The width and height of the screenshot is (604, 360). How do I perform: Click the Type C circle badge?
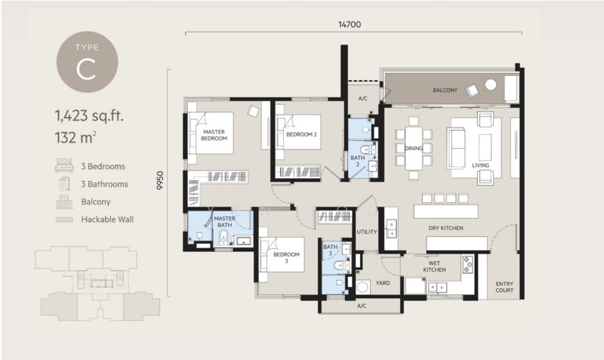(x=87, y=62)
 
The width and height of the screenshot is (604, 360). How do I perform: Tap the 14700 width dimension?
(x=350, y=25)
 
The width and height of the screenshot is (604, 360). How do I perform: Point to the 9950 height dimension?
(x=160, y=180)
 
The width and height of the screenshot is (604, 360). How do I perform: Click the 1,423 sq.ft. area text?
(x=89, y=115)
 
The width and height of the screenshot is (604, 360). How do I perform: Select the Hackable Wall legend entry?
(x=95, y=220)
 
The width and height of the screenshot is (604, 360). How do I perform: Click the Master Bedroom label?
(x=214, y=135)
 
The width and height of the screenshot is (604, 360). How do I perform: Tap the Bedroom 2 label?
(x=301, y=134)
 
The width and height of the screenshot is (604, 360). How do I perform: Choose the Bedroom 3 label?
(x=286, y=257)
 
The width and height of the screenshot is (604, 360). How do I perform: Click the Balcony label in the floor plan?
(x=445, y=90)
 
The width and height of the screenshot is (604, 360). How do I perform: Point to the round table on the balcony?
(x=490, y=85)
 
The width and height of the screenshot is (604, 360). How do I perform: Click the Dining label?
(x=414, y=148)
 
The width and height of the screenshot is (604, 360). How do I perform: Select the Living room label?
(x=480, y=165)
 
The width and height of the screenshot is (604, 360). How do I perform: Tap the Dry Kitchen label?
(x=445, y=228)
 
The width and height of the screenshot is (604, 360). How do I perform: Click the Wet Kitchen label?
(x=435, y=266)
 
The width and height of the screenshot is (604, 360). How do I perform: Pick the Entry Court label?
(x=504, y=287)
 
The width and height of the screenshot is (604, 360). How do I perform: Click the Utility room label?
(x=367, y=232)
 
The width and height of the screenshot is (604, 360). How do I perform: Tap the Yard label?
(x=383, y=283)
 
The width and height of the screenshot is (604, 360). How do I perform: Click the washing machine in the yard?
(x=363, y=287)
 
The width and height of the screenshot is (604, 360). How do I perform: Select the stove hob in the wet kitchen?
(x=467, y=264)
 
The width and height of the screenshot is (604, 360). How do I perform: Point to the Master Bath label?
(x=224, y=222)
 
